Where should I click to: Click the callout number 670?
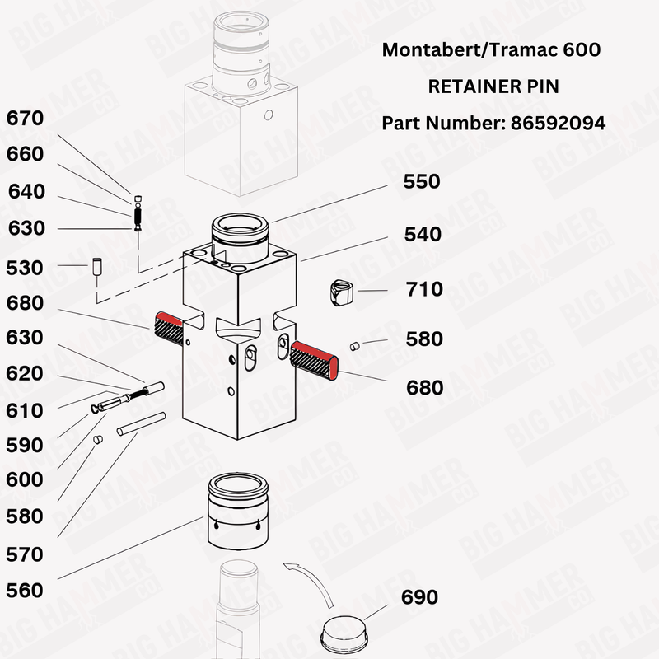coord(25,118)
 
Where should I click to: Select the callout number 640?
coord(26,192)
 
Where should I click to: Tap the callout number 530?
coord(25,268)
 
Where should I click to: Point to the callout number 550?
coord(422,181)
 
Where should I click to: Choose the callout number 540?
coord(422,235)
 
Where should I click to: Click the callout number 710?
coord(424,289)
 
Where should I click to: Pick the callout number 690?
coord(419,597)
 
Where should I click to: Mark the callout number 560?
coord(25,591)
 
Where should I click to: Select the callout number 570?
coord(25,554)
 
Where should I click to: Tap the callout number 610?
coord(25,410)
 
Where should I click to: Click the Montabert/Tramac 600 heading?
coord(492,49)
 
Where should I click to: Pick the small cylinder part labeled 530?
coord(96,267)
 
